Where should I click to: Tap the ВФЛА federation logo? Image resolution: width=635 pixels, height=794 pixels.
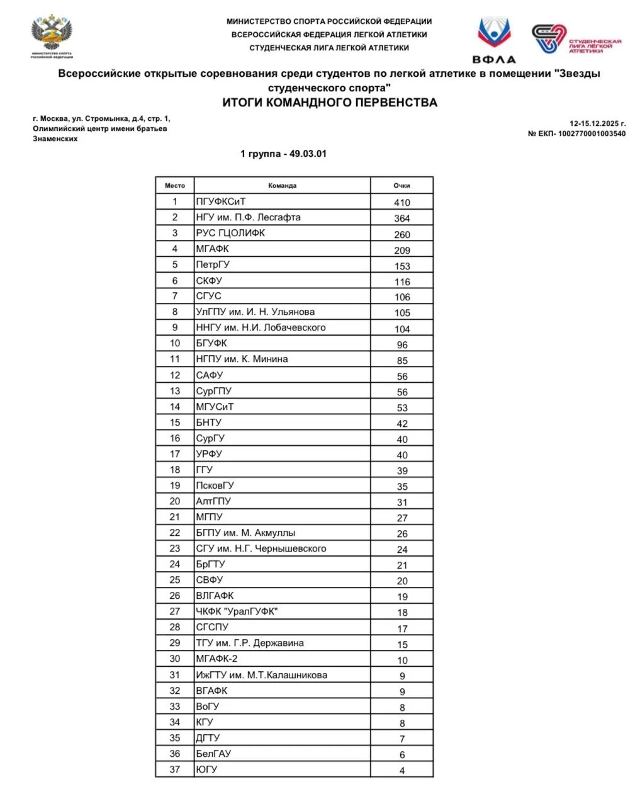(494, 40)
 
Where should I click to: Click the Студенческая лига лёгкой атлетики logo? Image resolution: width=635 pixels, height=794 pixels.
(576, 39)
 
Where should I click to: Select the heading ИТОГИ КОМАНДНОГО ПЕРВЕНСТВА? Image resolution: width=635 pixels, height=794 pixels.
(329, 103)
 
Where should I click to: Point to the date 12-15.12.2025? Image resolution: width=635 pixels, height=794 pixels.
(597, 123)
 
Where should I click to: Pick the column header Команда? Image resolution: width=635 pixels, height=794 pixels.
(282, 186)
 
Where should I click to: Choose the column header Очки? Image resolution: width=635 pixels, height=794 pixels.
(402, 186)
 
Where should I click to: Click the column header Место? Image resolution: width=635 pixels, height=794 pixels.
(175, 186)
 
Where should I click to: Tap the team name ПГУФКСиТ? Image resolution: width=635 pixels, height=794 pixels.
(221, 201)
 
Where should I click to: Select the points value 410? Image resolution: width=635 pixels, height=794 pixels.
(402, 203)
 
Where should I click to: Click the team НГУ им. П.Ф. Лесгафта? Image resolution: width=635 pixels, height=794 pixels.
(248, 217)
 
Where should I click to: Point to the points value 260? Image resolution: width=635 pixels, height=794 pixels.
(402, 234)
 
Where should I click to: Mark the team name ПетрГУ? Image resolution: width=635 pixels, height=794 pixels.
(213, 264)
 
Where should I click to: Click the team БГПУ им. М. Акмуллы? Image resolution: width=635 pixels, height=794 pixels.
(245, 533)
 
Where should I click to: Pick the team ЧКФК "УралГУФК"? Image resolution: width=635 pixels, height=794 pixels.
(237, 611)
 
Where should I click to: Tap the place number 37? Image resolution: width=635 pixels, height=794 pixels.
(175, 769)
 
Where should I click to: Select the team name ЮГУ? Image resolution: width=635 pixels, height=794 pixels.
(206, 769)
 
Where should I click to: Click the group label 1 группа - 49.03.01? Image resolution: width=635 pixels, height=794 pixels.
(283, 154)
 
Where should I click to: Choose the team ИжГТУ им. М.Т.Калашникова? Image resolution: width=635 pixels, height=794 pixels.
(261, 675)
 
